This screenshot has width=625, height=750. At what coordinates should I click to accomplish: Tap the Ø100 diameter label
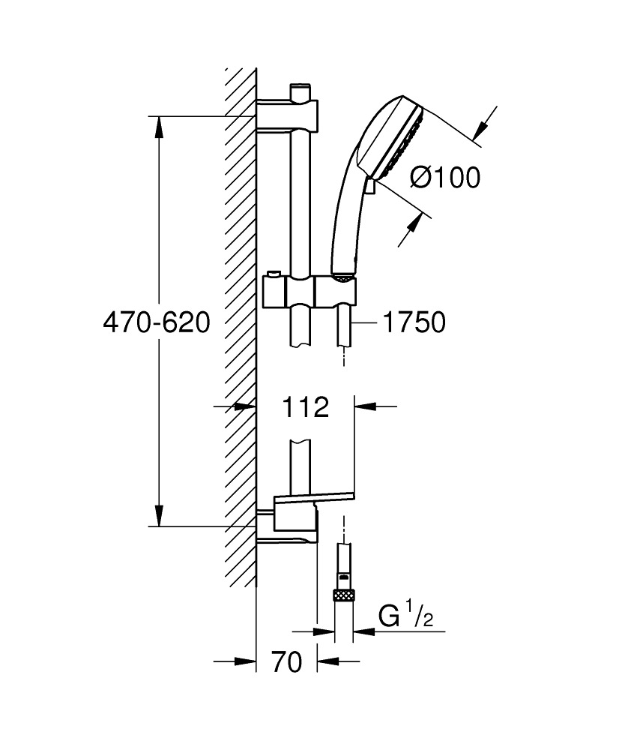click(445, 178)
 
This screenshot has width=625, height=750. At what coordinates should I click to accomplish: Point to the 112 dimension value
click(305, 407)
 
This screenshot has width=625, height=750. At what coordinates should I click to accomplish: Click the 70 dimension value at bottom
click(287, 662)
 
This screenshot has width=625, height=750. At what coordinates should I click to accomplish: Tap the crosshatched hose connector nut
click(344, 595)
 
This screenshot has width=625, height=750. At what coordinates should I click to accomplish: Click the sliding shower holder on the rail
click(310, 290)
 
